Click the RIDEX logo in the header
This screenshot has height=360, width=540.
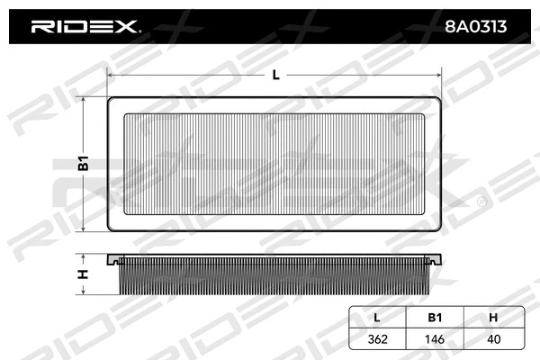(85, 27)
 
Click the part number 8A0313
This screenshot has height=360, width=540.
(476, 27)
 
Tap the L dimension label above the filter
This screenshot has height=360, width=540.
(275, 76)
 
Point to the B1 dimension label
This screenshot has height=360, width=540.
(82, 164)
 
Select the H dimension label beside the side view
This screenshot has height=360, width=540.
(82, 274)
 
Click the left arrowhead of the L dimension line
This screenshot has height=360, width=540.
(110, 76)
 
